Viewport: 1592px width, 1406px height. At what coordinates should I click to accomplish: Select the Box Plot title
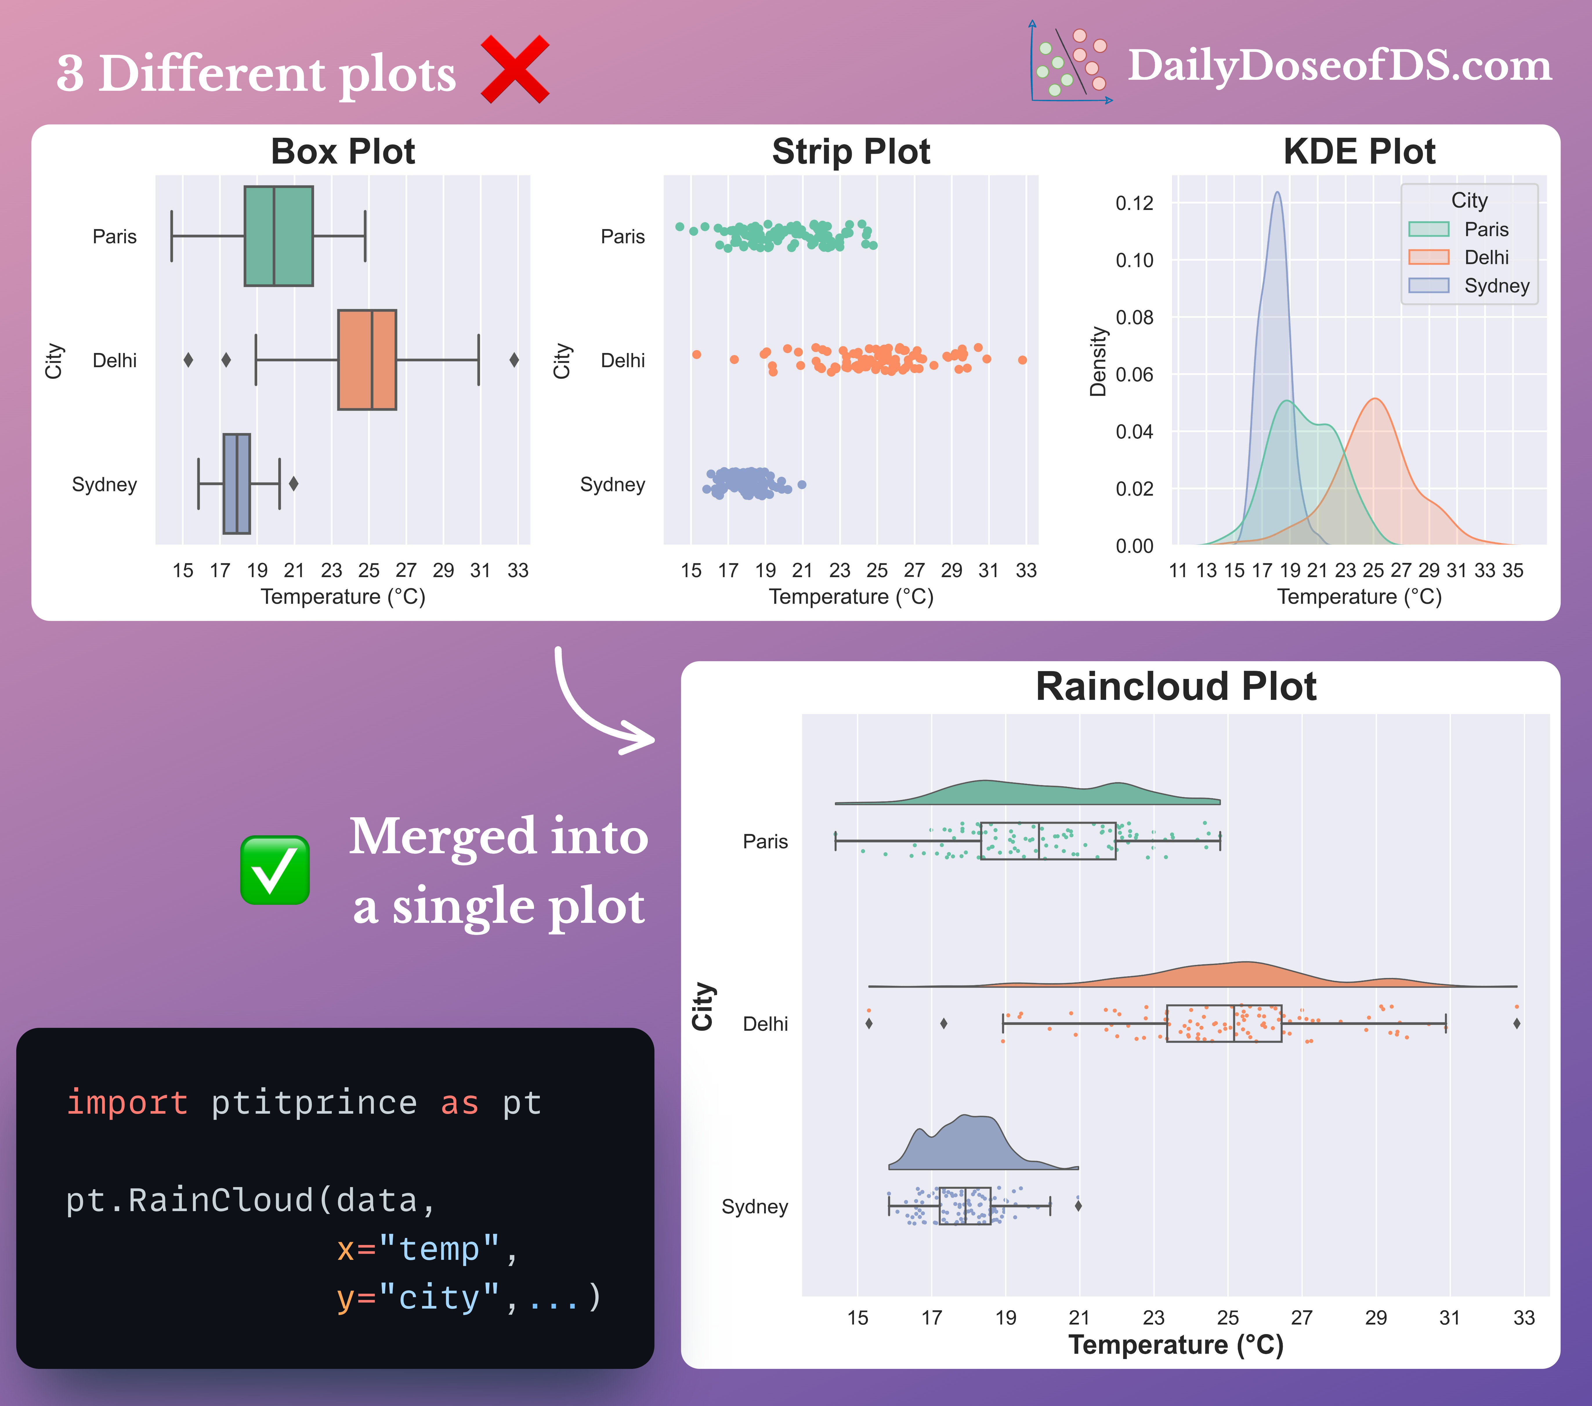[x=343, y=151]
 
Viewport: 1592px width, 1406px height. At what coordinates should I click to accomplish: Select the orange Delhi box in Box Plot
[x=367, y=360]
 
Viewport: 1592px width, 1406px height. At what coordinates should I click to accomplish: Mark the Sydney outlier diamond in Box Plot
[x=294, y=483]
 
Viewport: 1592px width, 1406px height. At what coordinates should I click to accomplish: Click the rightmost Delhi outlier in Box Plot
[x=514, y=360]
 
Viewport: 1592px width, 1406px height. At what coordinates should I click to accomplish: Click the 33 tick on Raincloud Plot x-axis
[x=1524, y=1317]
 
